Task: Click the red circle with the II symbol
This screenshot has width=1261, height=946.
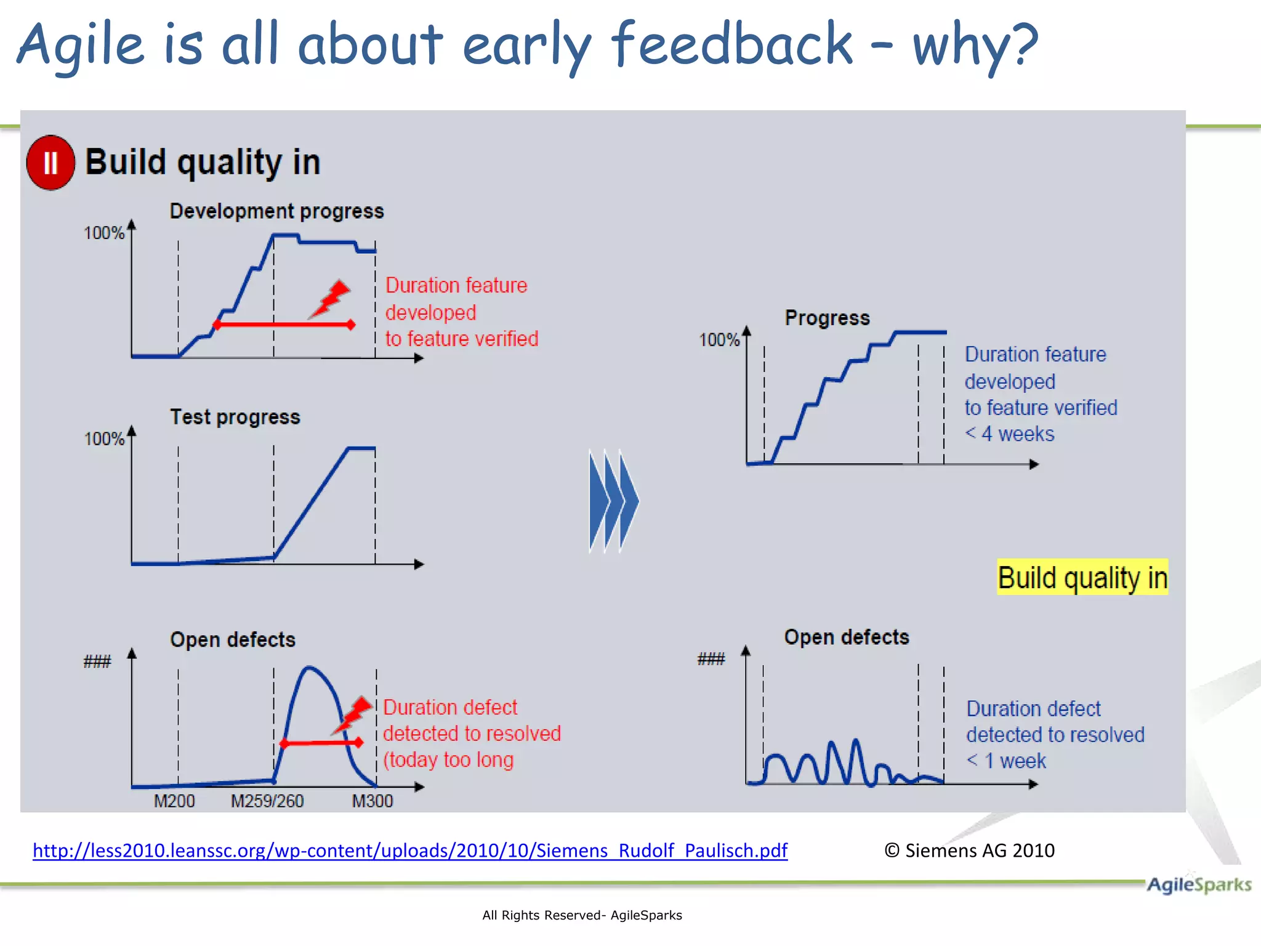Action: (x=50, y=163)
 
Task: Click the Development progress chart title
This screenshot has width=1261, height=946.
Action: (x=276, y=211)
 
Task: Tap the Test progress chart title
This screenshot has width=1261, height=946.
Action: (x=235, y=417)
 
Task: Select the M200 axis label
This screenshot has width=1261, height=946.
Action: (x=174, y=801)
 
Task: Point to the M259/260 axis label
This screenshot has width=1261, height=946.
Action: (x=267, y=801)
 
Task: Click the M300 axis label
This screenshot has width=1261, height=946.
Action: (x=372, y=801)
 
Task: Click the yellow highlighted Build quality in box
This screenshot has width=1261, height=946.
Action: (x=1082, y=578)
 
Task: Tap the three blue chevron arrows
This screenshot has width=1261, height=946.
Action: (x=613, y=501)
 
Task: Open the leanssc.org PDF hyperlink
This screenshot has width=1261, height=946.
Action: (x=409, y=851)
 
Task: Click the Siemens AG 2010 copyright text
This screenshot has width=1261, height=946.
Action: (x=969, y=851)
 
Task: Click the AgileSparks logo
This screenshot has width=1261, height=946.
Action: (x=1198, y=885)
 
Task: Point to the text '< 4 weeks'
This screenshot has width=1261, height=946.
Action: (x=1009, y=434)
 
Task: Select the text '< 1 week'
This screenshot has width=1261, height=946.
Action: (x=1005, y=761)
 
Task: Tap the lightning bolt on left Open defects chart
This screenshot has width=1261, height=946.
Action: (x=353, y=715)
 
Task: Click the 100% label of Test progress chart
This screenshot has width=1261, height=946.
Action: (x=104, y=439)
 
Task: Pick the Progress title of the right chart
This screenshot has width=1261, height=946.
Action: (x=827, y=318)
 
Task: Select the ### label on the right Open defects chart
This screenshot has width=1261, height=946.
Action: (x=711, y=660)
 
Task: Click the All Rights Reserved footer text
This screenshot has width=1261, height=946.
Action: (x=582, y=915)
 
